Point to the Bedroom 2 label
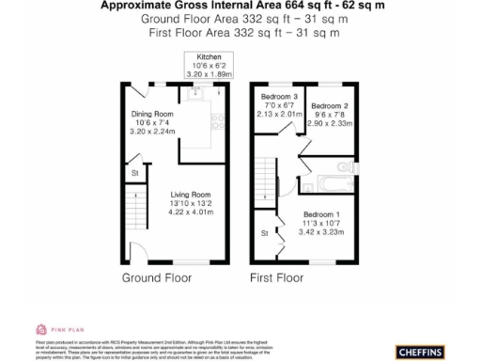point(330,105)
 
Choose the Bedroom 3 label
point(279,97)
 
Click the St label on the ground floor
point(134,173)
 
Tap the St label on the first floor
point(265,232)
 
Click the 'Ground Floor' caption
point(156,278)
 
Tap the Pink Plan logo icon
point(41,329)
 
